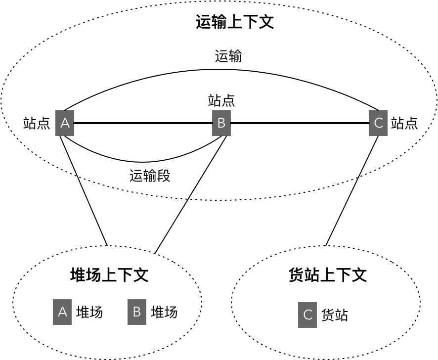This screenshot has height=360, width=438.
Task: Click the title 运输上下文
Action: [235, 22]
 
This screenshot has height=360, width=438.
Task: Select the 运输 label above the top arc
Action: [228, 56]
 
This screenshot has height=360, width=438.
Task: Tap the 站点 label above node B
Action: [221, 100]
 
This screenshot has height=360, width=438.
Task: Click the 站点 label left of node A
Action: [37, 123]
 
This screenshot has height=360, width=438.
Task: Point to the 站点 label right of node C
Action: [404, 123]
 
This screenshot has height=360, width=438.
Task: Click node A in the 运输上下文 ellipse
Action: [65, 123]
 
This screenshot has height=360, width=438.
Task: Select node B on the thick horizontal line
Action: [221, 123]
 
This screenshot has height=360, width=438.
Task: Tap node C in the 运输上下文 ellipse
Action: [378, 123]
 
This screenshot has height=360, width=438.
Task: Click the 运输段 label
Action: [150, 176]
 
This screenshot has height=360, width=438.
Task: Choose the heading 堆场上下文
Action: [109, 275]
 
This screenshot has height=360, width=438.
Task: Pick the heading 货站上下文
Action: [327, 275]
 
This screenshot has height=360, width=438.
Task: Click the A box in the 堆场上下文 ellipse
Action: [62, 312]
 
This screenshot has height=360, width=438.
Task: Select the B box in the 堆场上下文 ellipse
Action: [137, 312]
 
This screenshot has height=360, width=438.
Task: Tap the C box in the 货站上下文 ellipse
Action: [307, 315]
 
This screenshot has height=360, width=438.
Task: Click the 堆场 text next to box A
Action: [89, 312]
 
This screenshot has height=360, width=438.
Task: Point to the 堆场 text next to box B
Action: [164, 312]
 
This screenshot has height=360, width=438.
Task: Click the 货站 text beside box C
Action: [335, 315]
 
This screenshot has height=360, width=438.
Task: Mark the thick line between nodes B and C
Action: [300, 123]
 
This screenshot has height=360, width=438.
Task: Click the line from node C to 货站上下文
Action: [351, 190]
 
